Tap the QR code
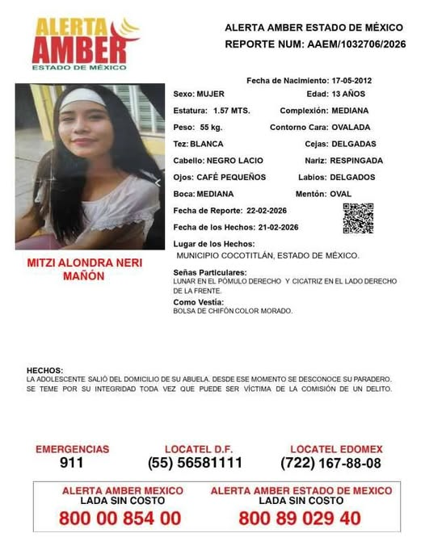358,218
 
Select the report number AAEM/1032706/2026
356,44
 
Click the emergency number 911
71,464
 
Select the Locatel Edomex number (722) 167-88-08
330,464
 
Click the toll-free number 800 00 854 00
120,519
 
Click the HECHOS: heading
44,371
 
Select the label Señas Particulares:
210,272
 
